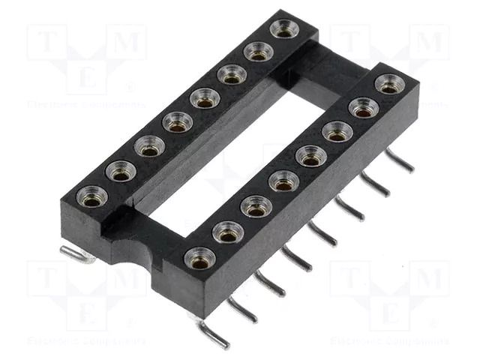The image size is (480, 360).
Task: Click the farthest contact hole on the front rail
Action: [x=388, y=84]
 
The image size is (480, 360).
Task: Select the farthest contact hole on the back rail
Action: [x=284, y=29]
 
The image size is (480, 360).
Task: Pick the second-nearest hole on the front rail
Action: [x=228, y=232]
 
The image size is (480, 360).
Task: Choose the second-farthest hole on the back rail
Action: [x=257, y=52]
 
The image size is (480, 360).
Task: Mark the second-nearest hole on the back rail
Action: [x=121, y=172]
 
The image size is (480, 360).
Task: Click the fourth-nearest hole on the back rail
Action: [x=177, y=121]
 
